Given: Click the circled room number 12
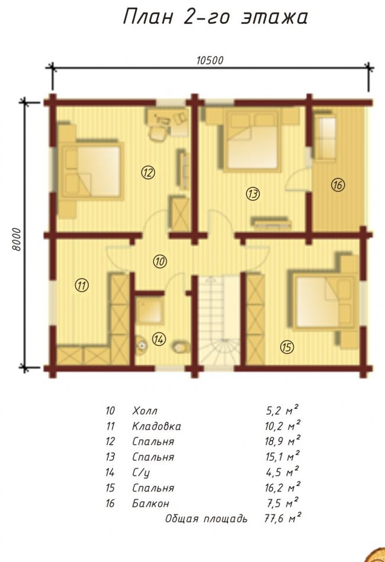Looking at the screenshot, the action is [x=147, y=173].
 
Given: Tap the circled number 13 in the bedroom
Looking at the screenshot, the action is [x=253, y=194].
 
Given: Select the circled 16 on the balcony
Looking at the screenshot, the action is [x=338, y=185].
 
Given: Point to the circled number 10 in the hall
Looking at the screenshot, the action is [x=160, y=261].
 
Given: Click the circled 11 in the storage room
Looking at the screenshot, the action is [x=82, y=285].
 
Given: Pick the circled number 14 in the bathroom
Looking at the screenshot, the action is [x=159, y=339].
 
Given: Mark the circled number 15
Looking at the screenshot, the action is [x=287, y=347].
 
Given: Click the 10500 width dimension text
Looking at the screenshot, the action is [x=210, y=60].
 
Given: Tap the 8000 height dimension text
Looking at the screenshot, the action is [x=17, y=239].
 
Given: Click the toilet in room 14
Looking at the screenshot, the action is [x=181, y=347].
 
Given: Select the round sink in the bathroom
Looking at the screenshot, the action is [x=141, y=345].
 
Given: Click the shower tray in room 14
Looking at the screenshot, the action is [x=150, y=311].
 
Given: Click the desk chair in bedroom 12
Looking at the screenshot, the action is [x=158, y=133].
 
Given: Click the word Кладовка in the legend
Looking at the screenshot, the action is [x=156, y=426].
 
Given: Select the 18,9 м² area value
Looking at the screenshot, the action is [x=282, y=440].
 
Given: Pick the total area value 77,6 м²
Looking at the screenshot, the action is [x=282, y=518].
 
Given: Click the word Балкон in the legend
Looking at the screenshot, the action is [x=150, y=503].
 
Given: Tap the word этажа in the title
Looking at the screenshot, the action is [x=274, y=17].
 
